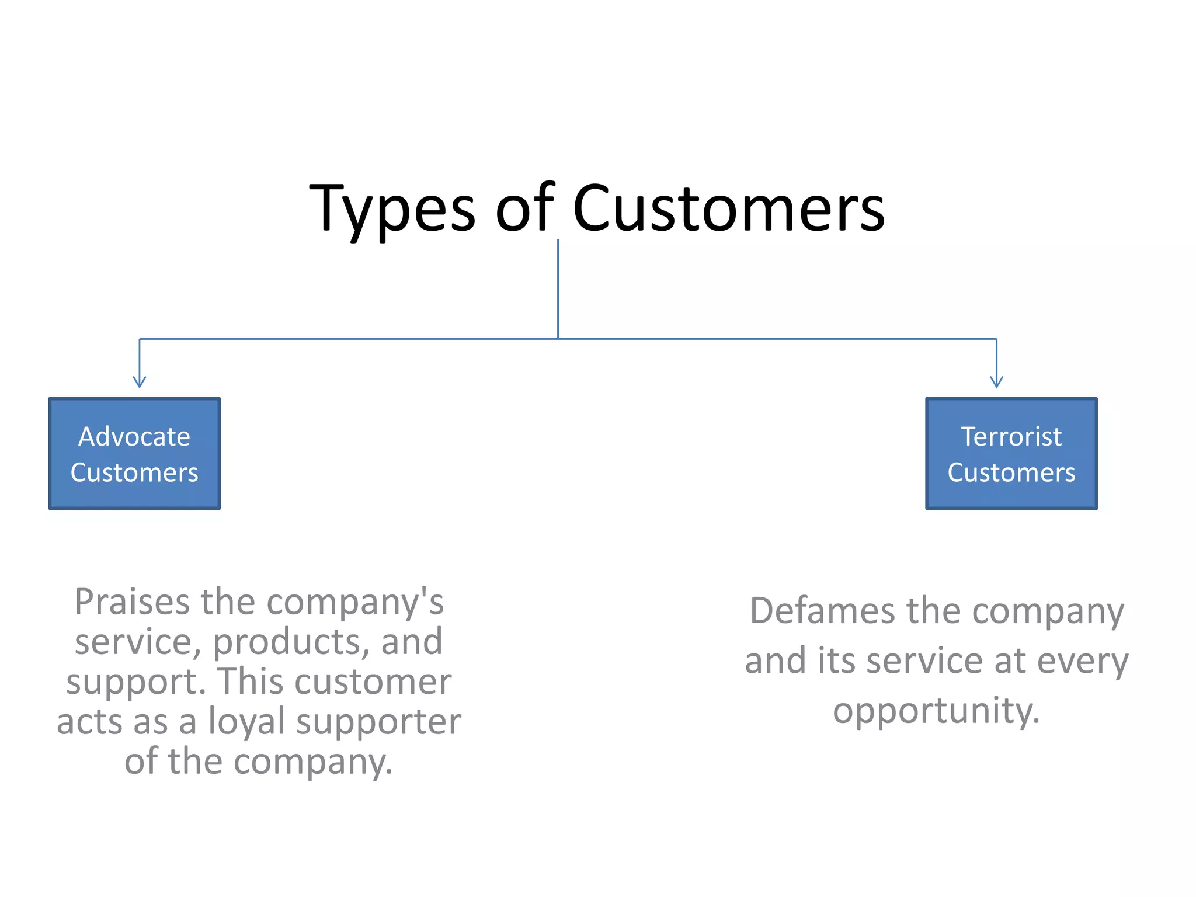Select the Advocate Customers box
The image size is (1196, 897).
click(x=134, y=454)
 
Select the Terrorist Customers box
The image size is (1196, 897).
click(x=1011, y=454)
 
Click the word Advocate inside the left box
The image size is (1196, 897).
click(x=134, y=436)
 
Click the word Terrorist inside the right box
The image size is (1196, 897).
click(x=1011, y=436)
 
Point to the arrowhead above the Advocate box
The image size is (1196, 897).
click(x=139, y=383)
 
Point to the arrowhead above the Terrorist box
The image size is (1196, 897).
click(x=996, y=383)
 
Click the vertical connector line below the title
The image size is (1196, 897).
click(x=558, y=289)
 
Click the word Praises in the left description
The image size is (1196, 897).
click(x=132, y=603)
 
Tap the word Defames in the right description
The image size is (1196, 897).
click(x=822, y=611)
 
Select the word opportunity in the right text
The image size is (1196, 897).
click(x=936, y=711)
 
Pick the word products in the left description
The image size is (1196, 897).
click(x=291, y=642)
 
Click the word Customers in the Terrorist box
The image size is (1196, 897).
click(x=1011, y=472)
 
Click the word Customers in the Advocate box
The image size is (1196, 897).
click(x=134, y=472)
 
